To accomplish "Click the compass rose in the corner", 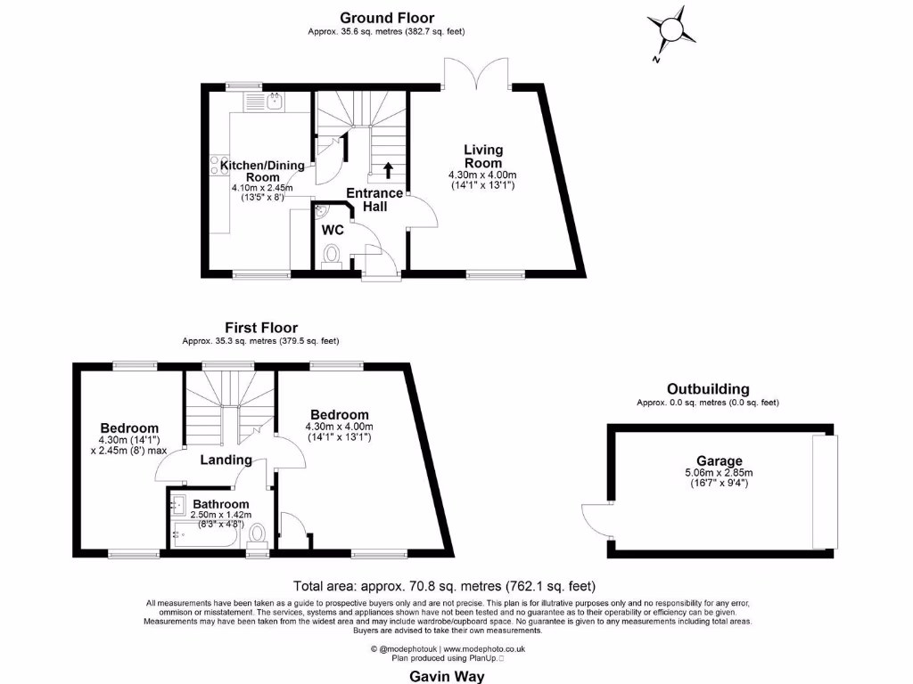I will tap(669, 33).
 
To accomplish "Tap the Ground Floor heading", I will tap(386, 18).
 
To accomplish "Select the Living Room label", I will tap(482, 156).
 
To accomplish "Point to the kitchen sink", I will tap(276, 102).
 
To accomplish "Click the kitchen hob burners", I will tap(215, 166).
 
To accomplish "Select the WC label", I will tap(333, 230).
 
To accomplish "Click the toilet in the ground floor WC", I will tap(333, 256).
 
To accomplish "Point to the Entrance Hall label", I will tap(374, 199).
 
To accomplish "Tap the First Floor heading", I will tap(260, 328).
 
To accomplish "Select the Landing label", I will tap(226, 460).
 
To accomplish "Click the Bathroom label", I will tap(220, 504).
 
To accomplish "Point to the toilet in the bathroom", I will tap(259, 534).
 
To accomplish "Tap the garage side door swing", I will tap(595, 520).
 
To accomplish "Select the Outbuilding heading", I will tap(708, 389).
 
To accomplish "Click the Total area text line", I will tap(444, 586).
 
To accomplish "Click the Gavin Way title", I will tap(447, 676).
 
